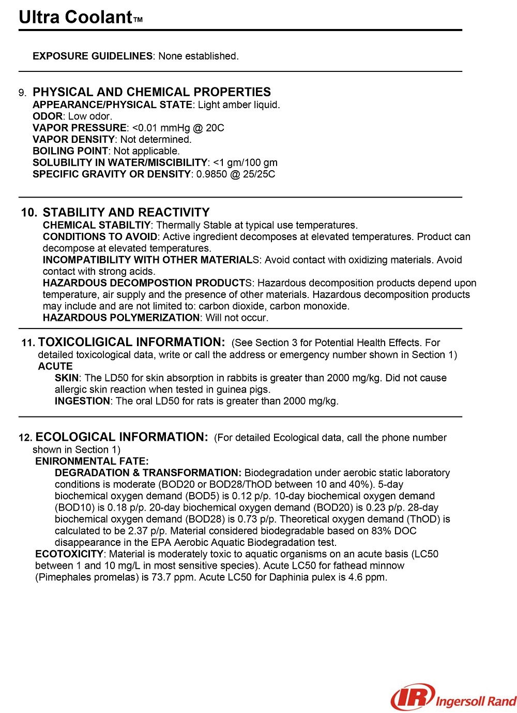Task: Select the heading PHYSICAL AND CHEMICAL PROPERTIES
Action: click(x=151, y=92)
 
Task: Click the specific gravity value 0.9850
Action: click(x=211, y=174)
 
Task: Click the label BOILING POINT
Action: click(x=70, y=151)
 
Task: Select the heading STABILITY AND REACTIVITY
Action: click(x=126, y=213)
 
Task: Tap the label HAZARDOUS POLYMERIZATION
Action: click(x=121, y=318)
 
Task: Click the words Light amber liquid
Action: click(x=238, y=105)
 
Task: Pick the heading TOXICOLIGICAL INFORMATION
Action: click(x=131, y=343)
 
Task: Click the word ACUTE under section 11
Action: click(x=55, y=366)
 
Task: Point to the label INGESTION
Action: click(x=82, y=401)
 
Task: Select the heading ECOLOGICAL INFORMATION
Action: click(x=121, y=437)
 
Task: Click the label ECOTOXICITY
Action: click(x=69, y=554)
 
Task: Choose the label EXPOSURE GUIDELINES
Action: click(x=93, y=56)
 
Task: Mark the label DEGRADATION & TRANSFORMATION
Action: click(x=148, y=473)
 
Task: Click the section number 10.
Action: click(x=29, y=213)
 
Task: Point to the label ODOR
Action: click(x=48, y=116)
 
